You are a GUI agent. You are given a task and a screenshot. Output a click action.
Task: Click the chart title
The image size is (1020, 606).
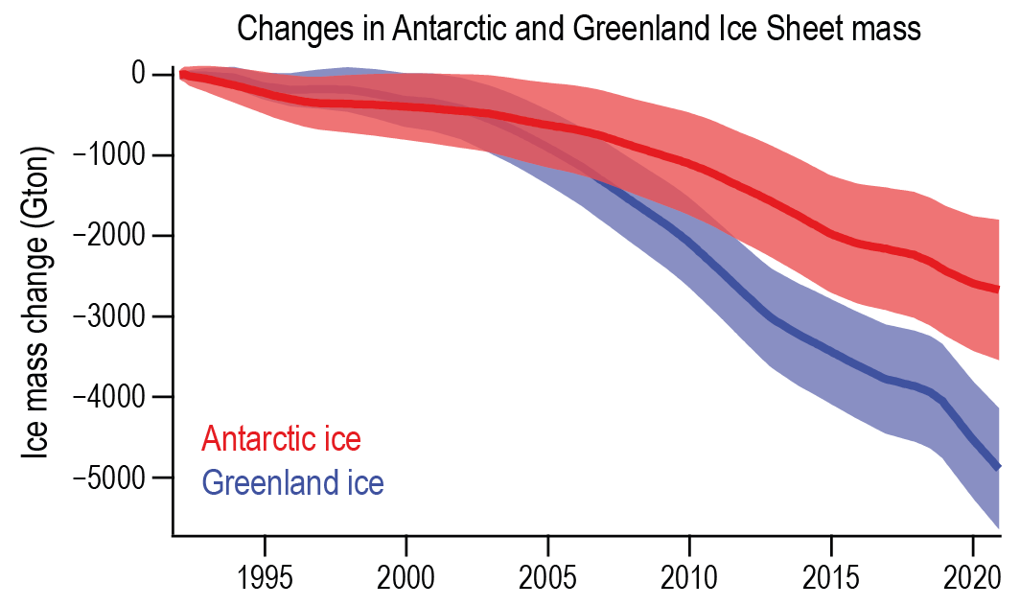tap(578, 28)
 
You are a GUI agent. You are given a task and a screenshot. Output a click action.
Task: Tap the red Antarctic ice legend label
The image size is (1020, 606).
tap(281, 440)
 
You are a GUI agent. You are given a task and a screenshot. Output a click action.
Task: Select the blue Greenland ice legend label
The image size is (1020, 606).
tap(292, 482)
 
